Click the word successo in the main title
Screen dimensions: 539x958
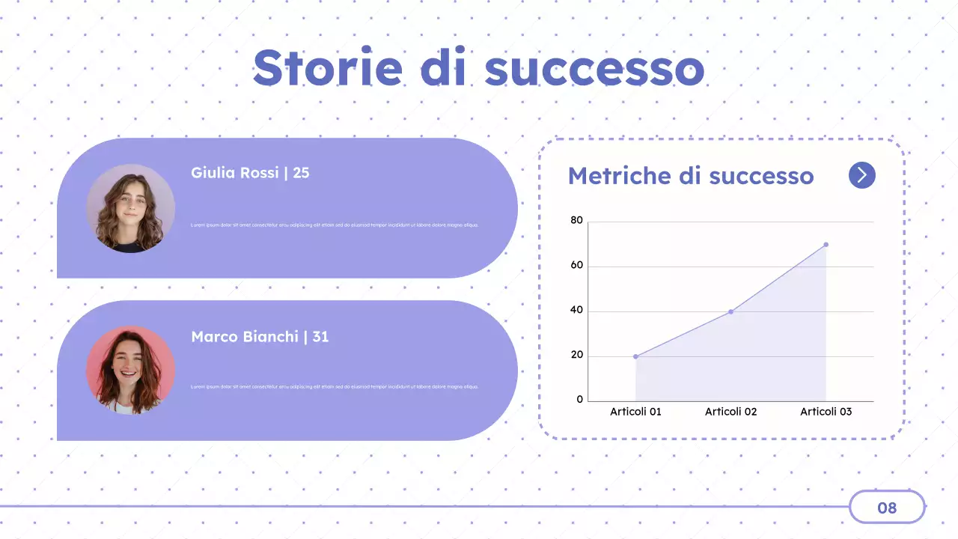(x=594, y=69)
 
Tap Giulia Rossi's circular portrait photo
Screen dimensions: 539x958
(x=130, y=208)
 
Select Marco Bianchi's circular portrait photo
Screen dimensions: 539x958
(x=130, y=371)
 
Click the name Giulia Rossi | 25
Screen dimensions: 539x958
(x=250, y=173)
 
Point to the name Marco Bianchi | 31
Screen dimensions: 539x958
(x=260, y=337)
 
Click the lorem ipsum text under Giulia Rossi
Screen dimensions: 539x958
(x=335, y=225)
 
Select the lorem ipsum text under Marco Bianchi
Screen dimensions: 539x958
(x=335, y=387)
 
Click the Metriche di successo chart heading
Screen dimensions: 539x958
(x=690, y=176)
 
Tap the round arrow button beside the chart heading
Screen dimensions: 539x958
(x=861, y=175)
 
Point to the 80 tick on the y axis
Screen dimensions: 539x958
(x=576, y=221)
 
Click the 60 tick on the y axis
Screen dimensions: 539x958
(x=576, y=266)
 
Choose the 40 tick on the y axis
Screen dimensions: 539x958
(x=576, y=311)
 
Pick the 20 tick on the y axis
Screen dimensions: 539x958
(x=576, y=356)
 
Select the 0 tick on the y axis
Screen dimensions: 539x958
(x=579, y=400)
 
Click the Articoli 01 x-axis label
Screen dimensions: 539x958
(x=635, y=412)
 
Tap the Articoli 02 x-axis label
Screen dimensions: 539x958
(x=730, y=412)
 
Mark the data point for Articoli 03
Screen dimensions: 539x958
(x=826, y=244)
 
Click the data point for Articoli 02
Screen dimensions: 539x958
(x=730, y=311)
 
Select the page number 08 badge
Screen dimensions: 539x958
(x=887, y=508)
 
